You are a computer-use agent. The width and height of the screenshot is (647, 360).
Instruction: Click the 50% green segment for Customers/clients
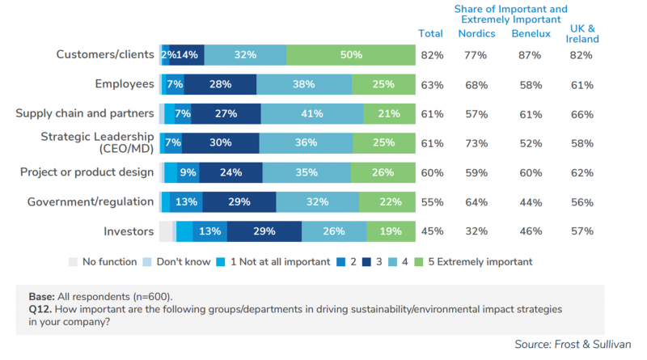350,55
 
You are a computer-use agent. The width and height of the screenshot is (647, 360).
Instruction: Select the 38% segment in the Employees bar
303,84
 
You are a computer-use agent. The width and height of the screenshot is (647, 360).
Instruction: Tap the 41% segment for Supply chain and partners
311,113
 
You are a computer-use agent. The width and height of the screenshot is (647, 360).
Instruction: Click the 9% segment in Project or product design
188,172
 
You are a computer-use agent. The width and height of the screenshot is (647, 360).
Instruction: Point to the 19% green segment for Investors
391,231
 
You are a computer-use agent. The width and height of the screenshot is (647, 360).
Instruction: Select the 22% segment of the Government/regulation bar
387,202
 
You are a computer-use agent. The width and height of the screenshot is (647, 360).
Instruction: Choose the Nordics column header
476,33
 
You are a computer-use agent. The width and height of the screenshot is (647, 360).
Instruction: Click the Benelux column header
531,33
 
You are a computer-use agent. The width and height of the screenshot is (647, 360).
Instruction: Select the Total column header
430,33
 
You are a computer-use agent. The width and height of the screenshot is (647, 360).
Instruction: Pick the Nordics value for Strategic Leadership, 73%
476,142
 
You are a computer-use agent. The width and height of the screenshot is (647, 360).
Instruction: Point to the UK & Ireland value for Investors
582,231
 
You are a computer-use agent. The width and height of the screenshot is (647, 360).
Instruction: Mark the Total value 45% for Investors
430,231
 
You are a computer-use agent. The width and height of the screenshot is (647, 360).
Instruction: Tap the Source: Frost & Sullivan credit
577,345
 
